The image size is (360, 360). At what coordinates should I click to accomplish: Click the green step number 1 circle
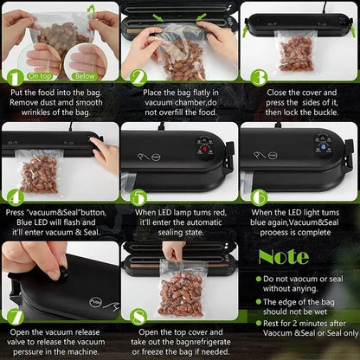(x=15, y=77)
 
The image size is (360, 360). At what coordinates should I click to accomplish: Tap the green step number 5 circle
(x=138, y=197)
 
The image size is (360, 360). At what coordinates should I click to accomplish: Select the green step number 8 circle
(x=138, y=317)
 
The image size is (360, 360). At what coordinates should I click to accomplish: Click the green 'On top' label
(x=41, y=76)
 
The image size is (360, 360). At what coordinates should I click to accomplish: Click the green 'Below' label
(x=85, y=76)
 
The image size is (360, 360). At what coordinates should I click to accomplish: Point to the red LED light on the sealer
(x=205, y=149)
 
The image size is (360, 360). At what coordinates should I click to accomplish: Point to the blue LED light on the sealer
(x=324, y=147)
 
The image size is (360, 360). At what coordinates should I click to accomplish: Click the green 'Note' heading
(x=284, y=257)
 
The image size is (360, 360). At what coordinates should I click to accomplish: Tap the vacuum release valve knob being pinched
(x=63, y=273)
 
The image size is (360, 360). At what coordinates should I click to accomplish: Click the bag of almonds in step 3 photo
(x=295, y=51)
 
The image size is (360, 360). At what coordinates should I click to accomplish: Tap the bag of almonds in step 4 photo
(x=39, y=172)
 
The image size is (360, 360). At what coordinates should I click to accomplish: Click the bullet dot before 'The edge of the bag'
(x=259, y=302)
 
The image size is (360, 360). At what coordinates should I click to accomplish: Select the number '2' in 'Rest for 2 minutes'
(x=292, y=324)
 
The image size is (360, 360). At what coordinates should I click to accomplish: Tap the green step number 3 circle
(x=259, y=77)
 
